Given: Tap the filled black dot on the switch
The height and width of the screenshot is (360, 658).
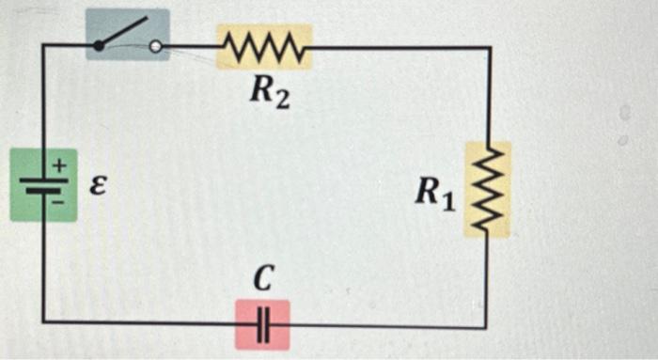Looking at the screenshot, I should (x=99, y=45).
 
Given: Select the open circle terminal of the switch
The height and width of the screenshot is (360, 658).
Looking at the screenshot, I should (x=156, y=45).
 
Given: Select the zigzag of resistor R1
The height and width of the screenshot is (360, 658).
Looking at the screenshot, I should (x=488, y=188).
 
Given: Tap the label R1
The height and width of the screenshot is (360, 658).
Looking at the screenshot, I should (x=436, y=193).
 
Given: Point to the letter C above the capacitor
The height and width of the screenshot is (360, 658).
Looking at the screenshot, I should (x=264, y=278).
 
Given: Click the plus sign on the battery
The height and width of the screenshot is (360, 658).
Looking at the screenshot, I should (x=57, y=164).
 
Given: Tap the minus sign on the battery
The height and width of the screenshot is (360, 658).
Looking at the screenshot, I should (x=57, y=199).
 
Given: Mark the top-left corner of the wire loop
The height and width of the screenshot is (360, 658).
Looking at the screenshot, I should (x=43, y=45).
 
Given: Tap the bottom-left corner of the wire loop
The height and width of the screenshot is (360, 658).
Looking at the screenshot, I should (x=43, y=322).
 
